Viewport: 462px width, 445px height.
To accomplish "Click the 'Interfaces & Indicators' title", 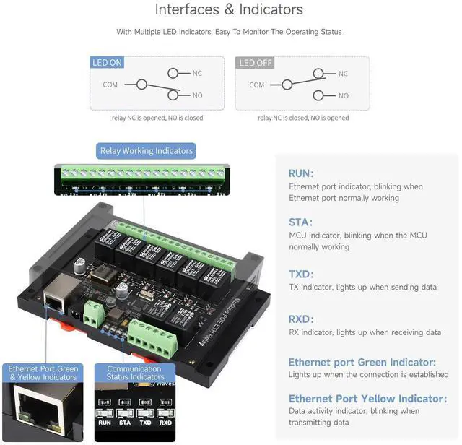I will (229, 10).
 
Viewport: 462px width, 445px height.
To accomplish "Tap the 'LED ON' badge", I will (107, 63).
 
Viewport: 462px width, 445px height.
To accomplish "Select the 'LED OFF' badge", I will (256, 63).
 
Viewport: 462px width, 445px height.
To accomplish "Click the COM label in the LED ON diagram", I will (110, 85).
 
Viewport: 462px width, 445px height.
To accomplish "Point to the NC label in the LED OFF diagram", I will (343, 74).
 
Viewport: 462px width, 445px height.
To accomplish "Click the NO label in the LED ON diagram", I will (197, 95).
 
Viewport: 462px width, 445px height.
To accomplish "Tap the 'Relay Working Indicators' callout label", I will (147, 151).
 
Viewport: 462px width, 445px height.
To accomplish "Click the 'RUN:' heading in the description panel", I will (300, 173).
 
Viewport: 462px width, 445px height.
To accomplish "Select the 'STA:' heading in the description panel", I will (300, 222).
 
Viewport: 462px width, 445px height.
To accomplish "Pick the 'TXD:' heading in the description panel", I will (301, 274).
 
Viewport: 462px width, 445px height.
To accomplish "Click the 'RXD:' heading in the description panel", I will (301, 319).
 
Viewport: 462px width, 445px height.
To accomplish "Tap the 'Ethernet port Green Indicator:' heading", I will (372, 362).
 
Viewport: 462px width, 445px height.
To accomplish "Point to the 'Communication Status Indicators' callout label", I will (135, 373).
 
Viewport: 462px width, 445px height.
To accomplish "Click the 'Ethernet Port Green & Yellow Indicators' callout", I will (43, 373).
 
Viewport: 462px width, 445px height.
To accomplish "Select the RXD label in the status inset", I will (165, 423).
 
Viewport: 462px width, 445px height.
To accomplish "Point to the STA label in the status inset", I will (126, 423).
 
